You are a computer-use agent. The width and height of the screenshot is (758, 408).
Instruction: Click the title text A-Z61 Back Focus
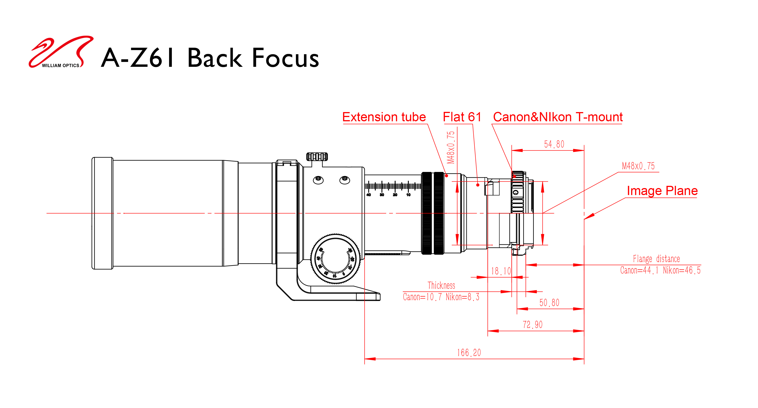pyautogui.click(x=210, y=58)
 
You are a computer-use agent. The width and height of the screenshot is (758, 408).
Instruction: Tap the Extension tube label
pyautogui.click(x=384, y=117)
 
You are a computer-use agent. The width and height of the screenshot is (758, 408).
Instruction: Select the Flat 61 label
pyautogui.click(x=462, y=117)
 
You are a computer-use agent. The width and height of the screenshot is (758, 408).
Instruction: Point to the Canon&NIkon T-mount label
pyautogui.click(x=558, y=117)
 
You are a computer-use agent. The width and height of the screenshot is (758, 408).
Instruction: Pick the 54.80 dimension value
pyautogui.click(x=554, y=144)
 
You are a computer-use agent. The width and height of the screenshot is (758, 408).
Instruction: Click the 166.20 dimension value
pyautogui.click(x=469, y=353)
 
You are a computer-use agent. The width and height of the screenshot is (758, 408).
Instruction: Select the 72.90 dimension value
pyautogui.click(x=533, y=325)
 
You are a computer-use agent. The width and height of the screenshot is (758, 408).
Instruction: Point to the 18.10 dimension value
pyautogui.click(x=501, y=271)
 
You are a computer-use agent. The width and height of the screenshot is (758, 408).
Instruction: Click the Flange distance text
pyautogui.click(x=657, y=259)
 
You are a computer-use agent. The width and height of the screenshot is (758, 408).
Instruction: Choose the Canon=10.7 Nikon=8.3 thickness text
pyautogui.click(x=441, y=297)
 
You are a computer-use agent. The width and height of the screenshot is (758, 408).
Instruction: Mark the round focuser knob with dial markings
pyautogui.click(x=335, y=259)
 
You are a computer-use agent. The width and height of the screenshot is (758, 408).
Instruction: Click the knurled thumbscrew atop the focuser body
pyautogui.click(x=317, y=157)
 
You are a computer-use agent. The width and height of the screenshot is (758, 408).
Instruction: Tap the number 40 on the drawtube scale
pyautogui.click(x=368, y=195)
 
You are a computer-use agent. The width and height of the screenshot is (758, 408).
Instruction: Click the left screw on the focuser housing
pyautogui.click(x=318, y=180)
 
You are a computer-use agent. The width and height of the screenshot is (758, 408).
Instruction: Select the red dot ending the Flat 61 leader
pyautogui.click(x=478, y=185)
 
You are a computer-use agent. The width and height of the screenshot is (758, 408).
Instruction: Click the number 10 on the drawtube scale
pyautogui.click(x=408, y=195)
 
